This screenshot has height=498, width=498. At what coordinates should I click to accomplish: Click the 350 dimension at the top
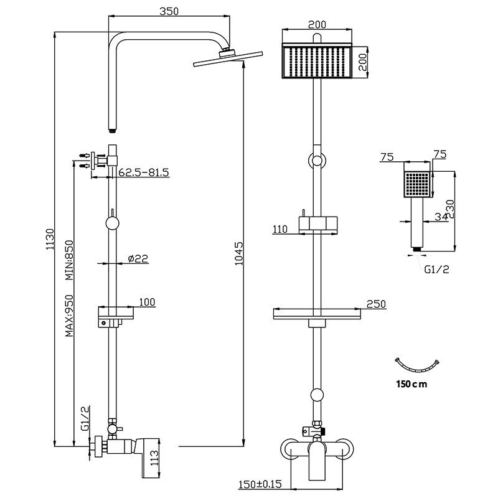pyautogui.click(x=169, y=11)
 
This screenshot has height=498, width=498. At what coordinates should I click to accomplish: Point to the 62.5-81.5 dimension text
pyautogui.click(x=143, y=172)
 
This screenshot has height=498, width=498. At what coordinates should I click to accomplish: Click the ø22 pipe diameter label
pyautogui.click(x=138, y=258)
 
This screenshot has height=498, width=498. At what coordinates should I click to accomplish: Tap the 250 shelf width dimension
pyautogui.click(x=376, y=304)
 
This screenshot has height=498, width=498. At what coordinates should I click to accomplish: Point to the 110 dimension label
pyautogui.click(x=280, y=229)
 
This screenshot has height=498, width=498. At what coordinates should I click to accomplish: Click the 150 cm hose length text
pyautogui.click(x=411, y=384)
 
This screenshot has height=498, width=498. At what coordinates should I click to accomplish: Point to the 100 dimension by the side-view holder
pyautogui.click(x=147, y=302)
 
